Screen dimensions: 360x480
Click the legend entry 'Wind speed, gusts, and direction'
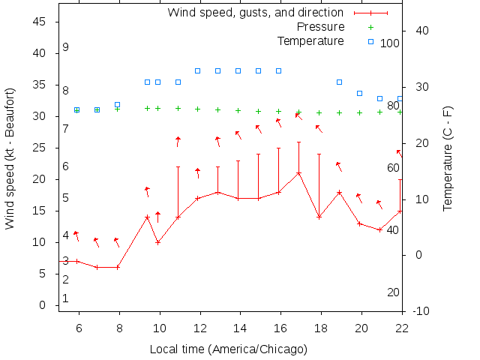255,13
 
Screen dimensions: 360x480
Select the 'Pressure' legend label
320,27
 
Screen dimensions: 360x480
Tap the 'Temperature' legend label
310,40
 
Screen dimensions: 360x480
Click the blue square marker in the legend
370,41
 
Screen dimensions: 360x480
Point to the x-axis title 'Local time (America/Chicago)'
229,349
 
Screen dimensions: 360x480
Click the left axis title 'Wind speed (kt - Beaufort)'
10,157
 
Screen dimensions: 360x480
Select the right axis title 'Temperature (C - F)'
448,157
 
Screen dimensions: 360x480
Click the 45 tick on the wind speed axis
40,22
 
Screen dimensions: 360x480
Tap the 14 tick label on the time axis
238,328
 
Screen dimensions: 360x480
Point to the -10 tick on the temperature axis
421,310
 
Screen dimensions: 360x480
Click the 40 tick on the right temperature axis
421,31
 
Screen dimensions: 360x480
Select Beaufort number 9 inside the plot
66,47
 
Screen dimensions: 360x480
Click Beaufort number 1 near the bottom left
66,298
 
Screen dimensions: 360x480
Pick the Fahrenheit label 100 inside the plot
390,43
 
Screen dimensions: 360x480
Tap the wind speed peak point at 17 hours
298,173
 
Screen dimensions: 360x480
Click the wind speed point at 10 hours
157,242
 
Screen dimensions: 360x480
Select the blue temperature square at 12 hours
198,70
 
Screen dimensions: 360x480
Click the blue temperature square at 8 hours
117,105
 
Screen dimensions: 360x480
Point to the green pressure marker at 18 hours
319,112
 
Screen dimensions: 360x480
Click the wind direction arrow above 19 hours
339,166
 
